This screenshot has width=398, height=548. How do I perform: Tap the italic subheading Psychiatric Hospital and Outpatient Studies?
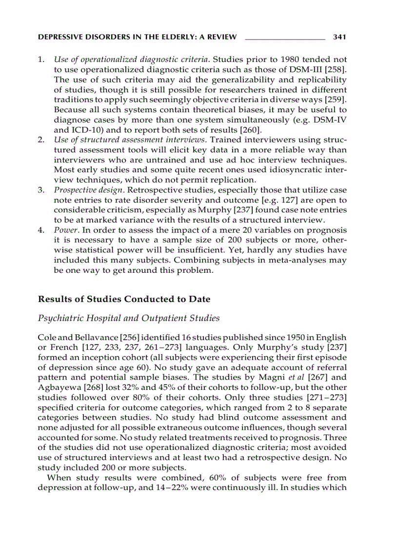[128, 318]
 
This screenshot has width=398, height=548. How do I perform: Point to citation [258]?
[336, 70]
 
